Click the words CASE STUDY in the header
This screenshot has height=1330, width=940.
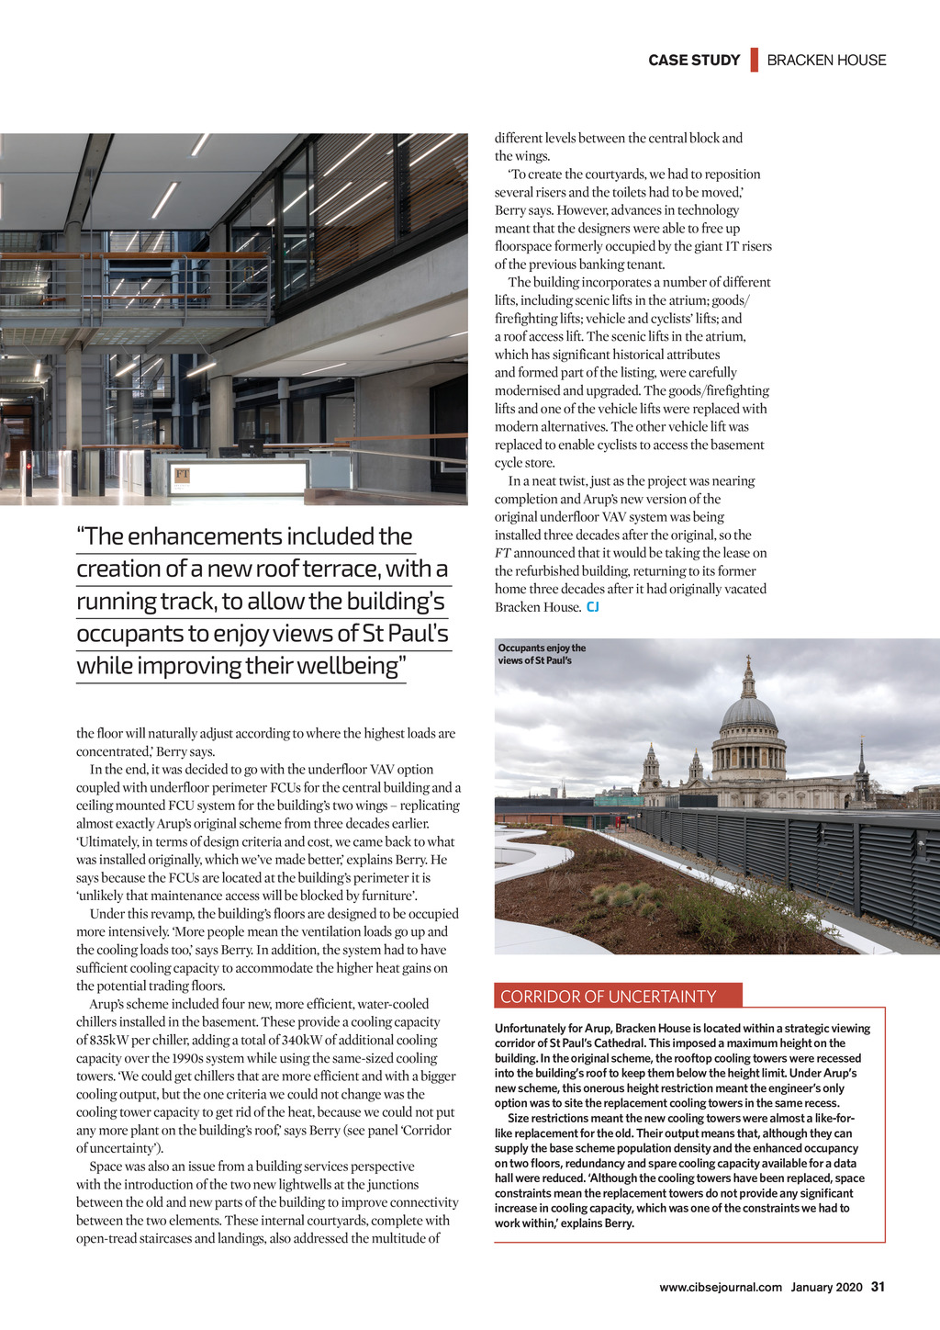pyautogui.click(x=694, y=61)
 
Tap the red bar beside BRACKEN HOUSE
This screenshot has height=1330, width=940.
pyautogui.click(x=754, y=60)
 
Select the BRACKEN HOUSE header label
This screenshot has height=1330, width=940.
pyautogui.click(x=826, y=61)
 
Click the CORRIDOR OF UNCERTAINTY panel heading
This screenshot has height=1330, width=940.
pyautogui.click(x=608, y=997)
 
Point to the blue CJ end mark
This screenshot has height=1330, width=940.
pyautogui.click(x=593, y=607)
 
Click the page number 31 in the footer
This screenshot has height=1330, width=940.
pyautogui.click(x=878, y=1287)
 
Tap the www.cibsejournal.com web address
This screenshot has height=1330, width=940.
pyautogui.click(x=720, y=1288)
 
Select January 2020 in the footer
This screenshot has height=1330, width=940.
pyautogui.click(x=826, y=1288)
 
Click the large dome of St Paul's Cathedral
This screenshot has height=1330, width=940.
pyautogui.click(x=748, y=714)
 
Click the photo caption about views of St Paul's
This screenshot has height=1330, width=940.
pyautogui.click(x=542, y=654)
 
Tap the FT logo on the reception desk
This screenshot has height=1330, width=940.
pyautogui.click(x=183, y=475)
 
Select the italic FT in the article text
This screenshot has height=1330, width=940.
pyautogui.click(x=502, y=553)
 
